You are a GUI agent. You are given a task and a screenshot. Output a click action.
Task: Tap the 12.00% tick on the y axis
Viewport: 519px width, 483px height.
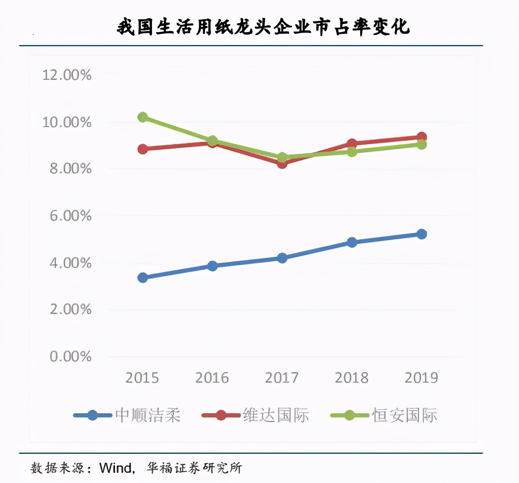pyautogui.click(x=66, y=75)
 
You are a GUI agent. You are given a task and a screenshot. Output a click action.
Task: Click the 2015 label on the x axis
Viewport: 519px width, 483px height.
pyautogui.click(x=142, y=377)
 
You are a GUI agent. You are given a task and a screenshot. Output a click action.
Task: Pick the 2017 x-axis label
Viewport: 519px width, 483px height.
pyautogui.click(x=282, y=377)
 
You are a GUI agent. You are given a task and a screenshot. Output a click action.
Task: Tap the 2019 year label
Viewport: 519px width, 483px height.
pyautogui.click(x=421, y=377)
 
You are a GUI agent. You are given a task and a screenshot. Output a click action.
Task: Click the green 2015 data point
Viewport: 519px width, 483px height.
pyautogui.click(x=143, y=117)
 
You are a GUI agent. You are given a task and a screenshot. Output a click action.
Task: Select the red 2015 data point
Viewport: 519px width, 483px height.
pyautogui.click(x=143, y=149)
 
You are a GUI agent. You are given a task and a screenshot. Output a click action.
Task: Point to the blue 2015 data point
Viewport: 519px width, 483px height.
pyautogui.click(x=143, y=278)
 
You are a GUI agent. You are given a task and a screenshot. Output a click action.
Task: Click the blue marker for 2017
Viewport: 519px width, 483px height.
pyautogui.click(x=282, y=258)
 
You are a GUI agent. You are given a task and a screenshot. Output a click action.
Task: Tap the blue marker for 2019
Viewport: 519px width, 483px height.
pyautogui.click(x=421, y=234)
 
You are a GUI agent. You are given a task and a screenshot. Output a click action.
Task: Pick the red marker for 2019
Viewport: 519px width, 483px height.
pyautogui.click(x=421, y=137)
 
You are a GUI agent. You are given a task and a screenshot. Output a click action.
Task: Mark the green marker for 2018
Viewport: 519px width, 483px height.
pyautogui.click(x=352, y=151)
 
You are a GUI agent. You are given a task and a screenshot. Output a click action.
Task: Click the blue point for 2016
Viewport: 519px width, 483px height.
pyautogui.click(x=212, y=266)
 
